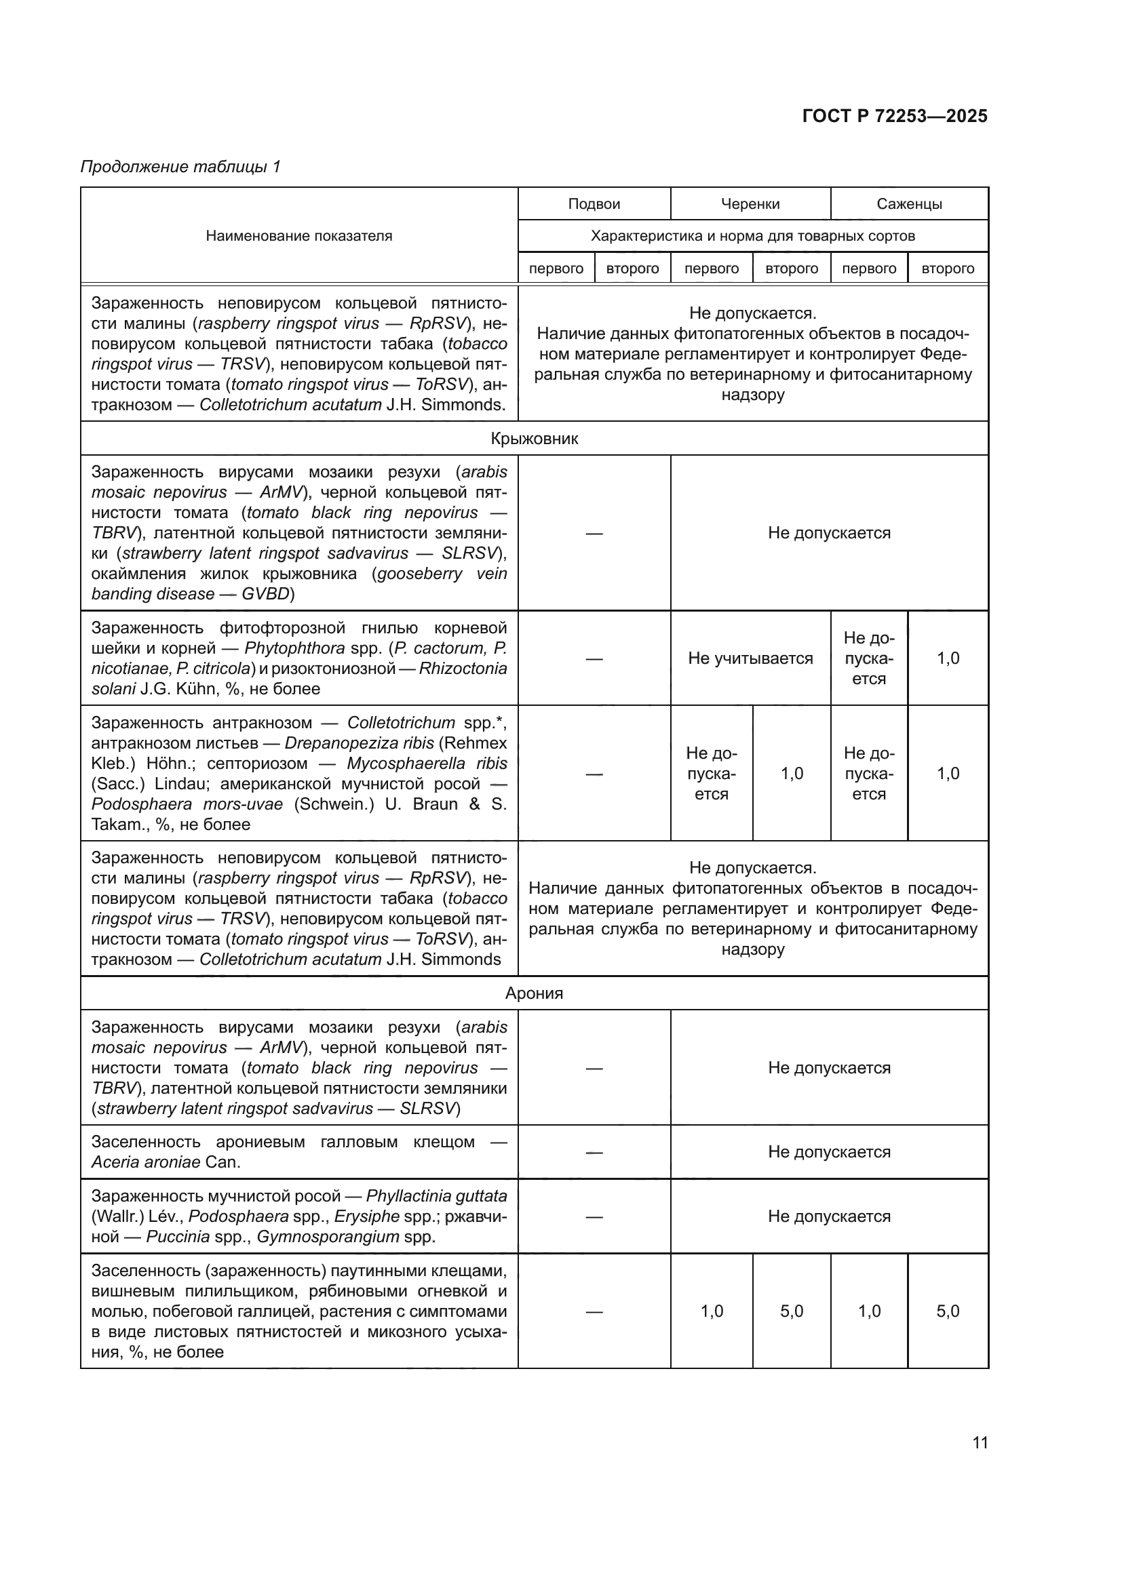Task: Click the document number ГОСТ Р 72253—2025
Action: (x=894, y=116)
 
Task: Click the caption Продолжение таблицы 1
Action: (x=180, y=167)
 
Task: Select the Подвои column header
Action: (x=594, y=204)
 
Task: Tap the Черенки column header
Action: (x=750, y=204)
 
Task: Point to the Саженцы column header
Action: (x=908, y=204)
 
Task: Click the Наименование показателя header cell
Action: (x=298, y=235)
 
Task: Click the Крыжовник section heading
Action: (x=534, y=439)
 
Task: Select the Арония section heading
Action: (x=534, y=993)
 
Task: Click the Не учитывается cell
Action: (x=750, y=658)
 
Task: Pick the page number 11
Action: (x=980, y=1442)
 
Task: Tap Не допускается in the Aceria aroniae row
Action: (x=828, y=1151)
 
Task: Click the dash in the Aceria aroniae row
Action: (x=594, y=1152)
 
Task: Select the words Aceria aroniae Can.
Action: (x=166, y=1163)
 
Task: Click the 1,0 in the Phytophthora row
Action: (x=947, y=658)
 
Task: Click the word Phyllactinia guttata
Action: (x=436, y=1195)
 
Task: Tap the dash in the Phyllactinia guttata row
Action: (x=594, y=1216)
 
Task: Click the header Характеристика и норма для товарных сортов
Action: (x=752, y=235)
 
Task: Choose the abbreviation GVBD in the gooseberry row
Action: (x=266, y=594)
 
